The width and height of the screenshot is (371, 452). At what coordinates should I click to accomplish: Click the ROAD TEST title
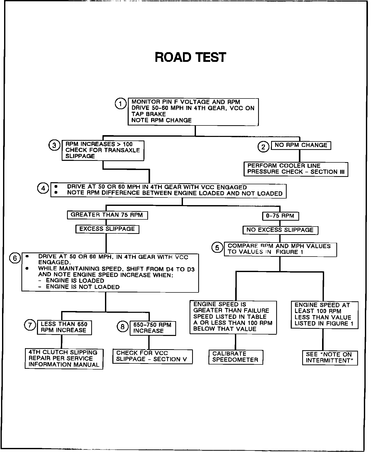point(190,57)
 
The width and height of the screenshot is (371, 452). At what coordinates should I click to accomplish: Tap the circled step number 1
point(120,104)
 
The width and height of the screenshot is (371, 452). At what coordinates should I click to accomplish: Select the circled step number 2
point(263,147)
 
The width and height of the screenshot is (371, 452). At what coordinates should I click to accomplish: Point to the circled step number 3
point(54,145)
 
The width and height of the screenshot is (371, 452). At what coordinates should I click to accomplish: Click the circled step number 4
point(43,188)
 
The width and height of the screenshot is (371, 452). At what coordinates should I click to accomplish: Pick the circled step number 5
point(217,248)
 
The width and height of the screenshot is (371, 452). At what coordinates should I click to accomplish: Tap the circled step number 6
point(15,258)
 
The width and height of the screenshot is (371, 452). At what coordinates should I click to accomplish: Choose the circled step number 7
point(30,325)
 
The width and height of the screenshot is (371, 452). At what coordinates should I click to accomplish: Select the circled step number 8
point(123,327)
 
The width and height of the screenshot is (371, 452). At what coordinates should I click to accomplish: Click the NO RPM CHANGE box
point(301,145)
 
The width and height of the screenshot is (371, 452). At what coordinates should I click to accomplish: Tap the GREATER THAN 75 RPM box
point(107,215)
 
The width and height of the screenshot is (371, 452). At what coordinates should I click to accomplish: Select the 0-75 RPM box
point(280,216)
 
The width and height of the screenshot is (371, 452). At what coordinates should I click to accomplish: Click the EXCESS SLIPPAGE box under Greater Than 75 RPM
point(107,229)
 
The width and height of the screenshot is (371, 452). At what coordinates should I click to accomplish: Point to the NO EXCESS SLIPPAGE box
point(280,230)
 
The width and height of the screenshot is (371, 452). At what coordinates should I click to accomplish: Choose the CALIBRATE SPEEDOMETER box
point(235,357)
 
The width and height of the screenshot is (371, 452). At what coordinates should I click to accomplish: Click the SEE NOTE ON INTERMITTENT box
point(330,358)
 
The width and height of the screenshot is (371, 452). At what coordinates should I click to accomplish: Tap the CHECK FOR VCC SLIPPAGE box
point(152,356)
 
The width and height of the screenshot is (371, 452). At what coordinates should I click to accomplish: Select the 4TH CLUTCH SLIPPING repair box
point(64,359)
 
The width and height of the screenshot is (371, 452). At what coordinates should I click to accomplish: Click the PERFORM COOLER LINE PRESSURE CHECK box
point(296,169)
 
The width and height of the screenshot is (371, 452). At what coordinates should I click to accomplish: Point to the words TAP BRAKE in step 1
point(149,114)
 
